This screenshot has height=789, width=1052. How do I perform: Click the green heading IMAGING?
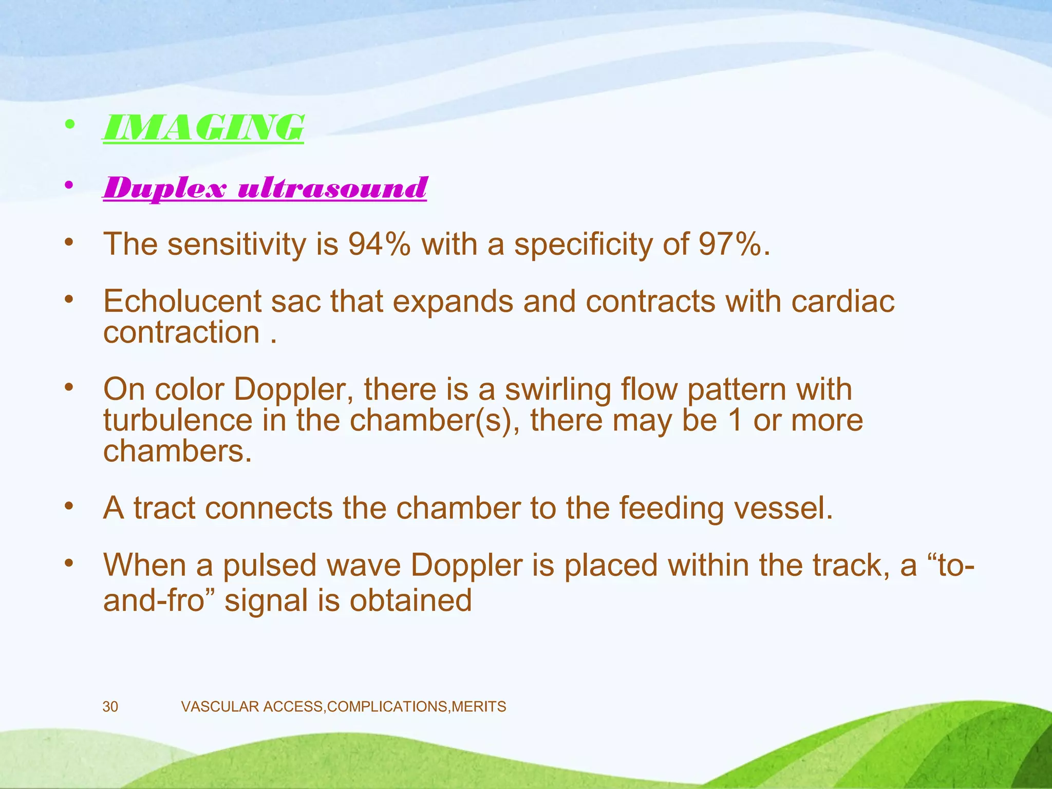coord(203,127)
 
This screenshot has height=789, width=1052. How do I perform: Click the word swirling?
coord(558,390)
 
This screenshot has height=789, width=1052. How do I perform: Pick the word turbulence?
coord(178,420)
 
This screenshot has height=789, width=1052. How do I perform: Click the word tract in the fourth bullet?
coord(164,508)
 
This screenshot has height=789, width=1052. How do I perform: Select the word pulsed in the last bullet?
coord(269,565)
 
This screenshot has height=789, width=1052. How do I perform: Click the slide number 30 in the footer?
coord(110,707)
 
